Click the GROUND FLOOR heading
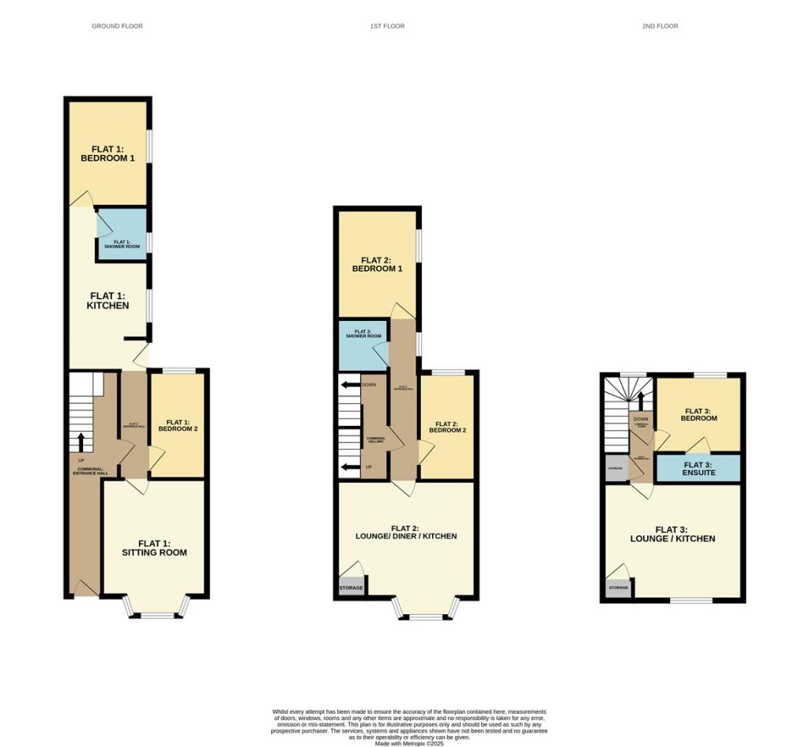click(117, 26)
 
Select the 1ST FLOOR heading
click(387, 26)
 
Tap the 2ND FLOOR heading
click(660, 26)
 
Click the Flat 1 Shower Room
click(122, 235)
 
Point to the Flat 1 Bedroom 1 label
click(107, 153)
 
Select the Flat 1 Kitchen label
click(109, 300)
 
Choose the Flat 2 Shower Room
click(363, 345)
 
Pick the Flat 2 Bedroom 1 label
click(377, 264)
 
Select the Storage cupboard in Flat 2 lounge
click(351, 588)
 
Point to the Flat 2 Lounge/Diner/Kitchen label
click(406, 532)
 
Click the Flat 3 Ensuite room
click(698, 468)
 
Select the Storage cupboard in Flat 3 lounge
click(618, 588)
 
